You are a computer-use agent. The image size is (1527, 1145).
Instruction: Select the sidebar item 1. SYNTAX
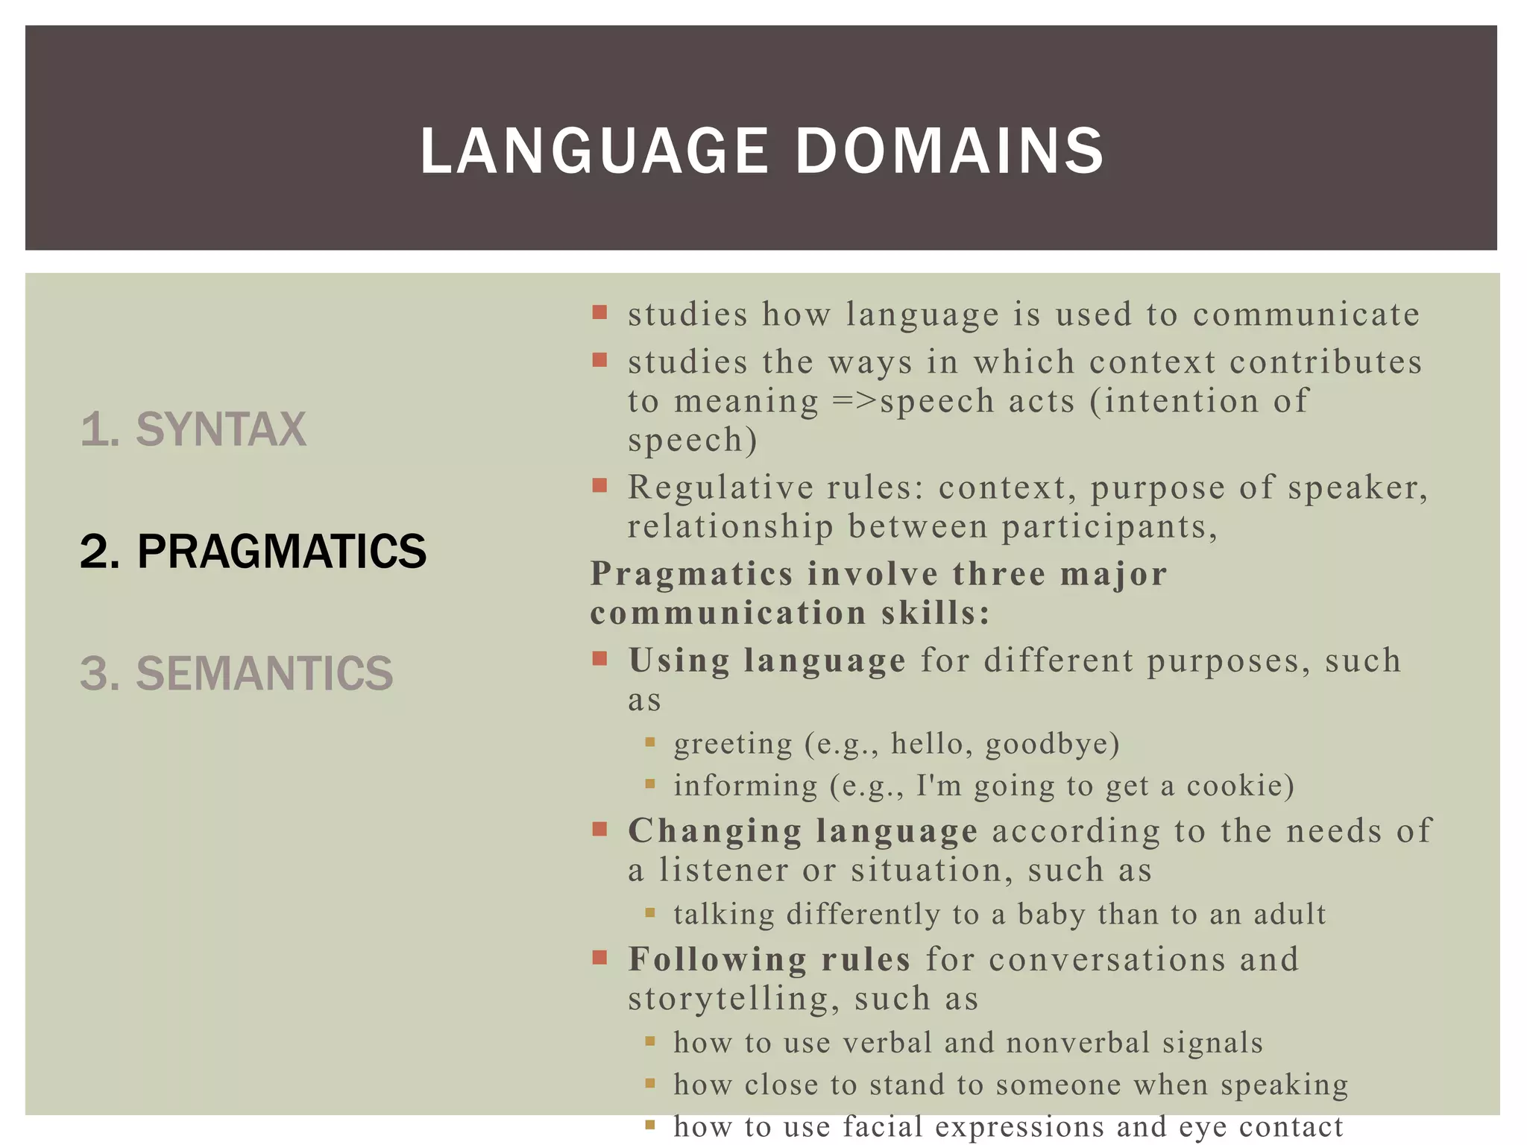click(192, 429)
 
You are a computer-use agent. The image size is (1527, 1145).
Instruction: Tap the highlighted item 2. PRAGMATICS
click(253, 552)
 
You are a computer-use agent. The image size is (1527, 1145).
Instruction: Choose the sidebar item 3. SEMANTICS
click(236, 673)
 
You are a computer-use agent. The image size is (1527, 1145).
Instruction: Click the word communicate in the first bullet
click(1306, 315)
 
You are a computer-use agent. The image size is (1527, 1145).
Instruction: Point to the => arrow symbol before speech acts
click(854, 401)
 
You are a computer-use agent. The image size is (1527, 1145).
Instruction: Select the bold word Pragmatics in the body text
click(691, 574)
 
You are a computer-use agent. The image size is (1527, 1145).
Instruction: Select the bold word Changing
click(714, 831)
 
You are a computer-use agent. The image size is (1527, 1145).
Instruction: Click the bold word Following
click(717, 959)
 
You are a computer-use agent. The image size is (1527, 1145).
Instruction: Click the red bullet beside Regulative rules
click(599, 486)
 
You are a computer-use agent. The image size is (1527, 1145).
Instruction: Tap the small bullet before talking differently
click(650, 912)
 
